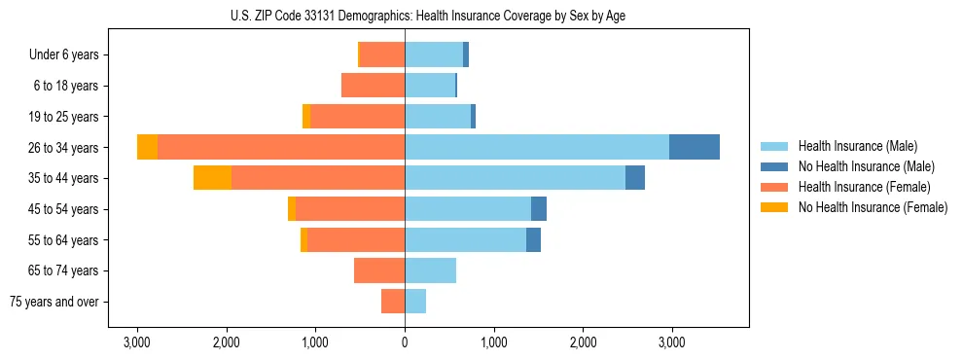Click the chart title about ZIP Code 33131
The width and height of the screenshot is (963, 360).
(x=405, y=16)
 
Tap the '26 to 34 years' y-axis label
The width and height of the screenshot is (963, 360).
(x=64, y=148)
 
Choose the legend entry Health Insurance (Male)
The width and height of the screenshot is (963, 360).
(x=857, y=146)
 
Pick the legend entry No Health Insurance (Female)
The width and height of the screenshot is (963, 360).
(x=873, y=207)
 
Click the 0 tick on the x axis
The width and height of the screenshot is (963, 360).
(x=405, y=342)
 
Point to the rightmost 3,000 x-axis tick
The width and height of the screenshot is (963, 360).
(x=672, y=342)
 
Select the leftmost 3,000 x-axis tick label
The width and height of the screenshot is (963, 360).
(x=137, y=342)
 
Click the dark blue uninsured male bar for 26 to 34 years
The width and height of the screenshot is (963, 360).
(x=695, y=147)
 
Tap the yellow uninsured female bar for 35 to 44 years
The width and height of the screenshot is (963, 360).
(x=212, y=178)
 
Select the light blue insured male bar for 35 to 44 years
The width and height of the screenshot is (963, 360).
(x=515, y=178)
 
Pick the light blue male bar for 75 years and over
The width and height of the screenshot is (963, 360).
(x=415, y=302)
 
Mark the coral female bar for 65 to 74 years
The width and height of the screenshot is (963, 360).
(x=379, y=270)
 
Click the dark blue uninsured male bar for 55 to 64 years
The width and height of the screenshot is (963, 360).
(x=533, y=239)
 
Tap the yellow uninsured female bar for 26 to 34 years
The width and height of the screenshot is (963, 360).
(x=147, y=147)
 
